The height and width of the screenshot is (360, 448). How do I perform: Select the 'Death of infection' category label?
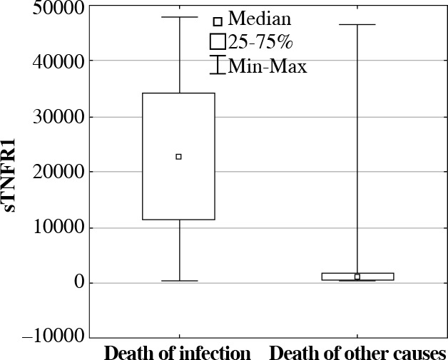[x=178, y=353]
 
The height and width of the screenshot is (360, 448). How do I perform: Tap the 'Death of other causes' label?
[x=358, y=353]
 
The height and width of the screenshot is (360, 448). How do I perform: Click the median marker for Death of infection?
[x=178, y=156]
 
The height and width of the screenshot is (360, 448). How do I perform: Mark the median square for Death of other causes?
[x=357, y=277]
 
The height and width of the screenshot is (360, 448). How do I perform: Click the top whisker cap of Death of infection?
[x=178, y=17]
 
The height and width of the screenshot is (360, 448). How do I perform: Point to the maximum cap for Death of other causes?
[x=357, y=25]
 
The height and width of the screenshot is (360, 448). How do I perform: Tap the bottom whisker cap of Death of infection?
[x=178, y=281]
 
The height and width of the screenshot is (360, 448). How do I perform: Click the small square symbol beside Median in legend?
[x=218, y=21]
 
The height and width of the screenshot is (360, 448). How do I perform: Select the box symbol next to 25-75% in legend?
[x=218, y=41]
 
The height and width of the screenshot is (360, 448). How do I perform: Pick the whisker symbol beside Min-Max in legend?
[x=218, y=65]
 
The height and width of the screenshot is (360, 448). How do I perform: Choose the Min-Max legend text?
[x=268, y=67]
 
